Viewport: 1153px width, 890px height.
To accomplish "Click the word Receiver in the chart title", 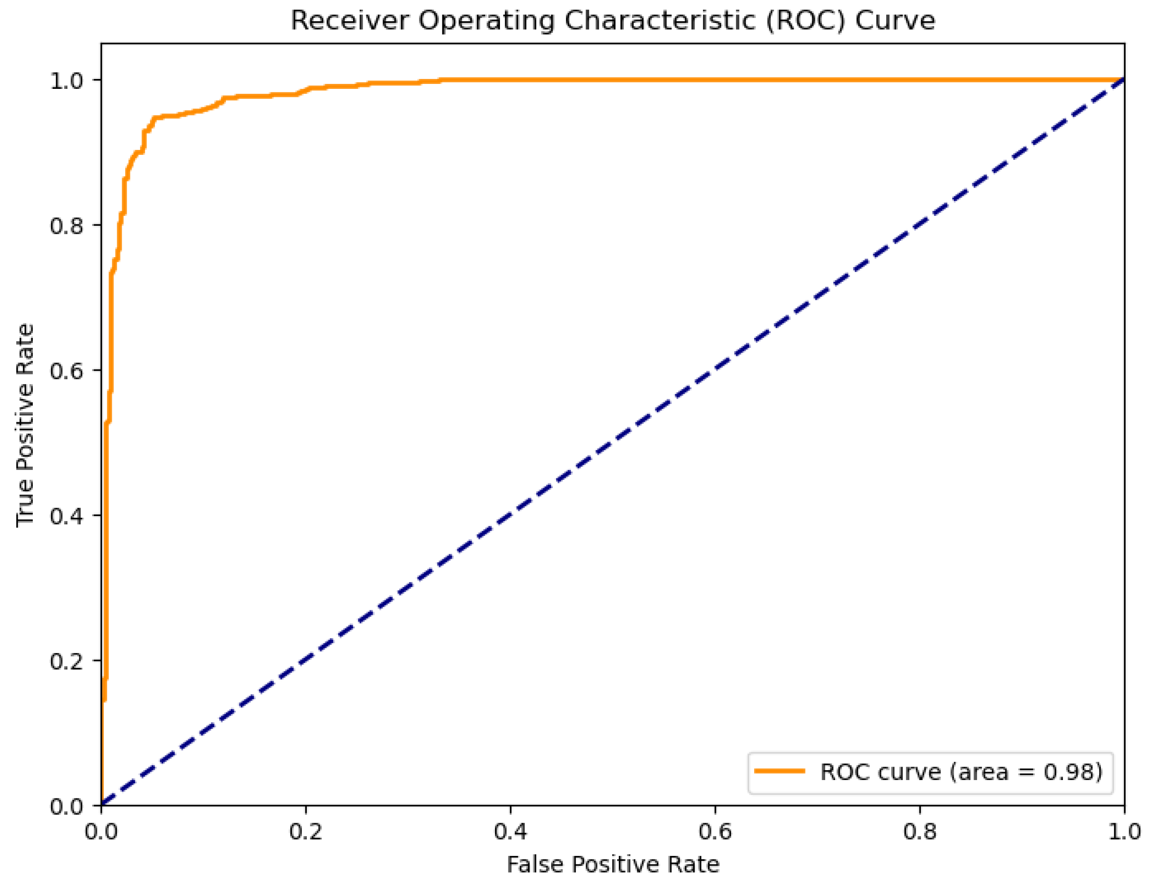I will (x=350, y=21).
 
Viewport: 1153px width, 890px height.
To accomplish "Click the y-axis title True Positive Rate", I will (x=25, y=425).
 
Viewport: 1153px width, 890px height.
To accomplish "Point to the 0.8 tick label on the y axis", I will (x=66, y=226).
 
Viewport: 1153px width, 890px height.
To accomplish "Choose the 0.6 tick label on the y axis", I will (x=66, y=371).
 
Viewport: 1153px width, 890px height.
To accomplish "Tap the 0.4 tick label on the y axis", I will (x=66, y=516).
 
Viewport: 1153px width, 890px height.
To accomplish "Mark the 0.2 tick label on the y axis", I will (x=66, y=661).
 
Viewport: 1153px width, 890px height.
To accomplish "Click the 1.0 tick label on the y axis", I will (x=66, y=81).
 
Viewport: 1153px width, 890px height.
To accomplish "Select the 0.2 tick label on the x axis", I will (x=306, y=832).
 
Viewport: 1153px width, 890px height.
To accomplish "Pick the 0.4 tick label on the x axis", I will (x=511, y=832).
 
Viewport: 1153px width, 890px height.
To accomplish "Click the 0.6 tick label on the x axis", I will (x=716, y=832).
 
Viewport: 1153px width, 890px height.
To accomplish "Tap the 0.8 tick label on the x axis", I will (x=919, y=832).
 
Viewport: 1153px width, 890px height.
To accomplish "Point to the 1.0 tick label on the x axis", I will (x=1123, y=832).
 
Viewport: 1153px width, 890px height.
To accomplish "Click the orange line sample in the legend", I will (x=779, y=772).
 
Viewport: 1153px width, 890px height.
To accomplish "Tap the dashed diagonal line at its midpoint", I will (x=613, y=443).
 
